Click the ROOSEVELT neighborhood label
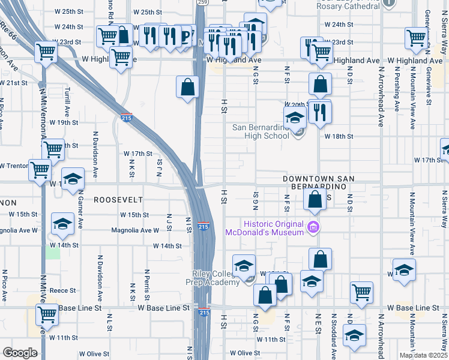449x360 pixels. (118, 199)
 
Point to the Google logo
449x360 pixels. (20, 353)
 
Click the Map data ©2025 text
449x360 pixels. (424, 355)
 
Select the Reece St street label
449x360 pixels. (62, 290)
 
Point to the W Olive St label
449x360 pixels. (247, 353)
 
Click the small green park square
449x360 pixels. (53, 252)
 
